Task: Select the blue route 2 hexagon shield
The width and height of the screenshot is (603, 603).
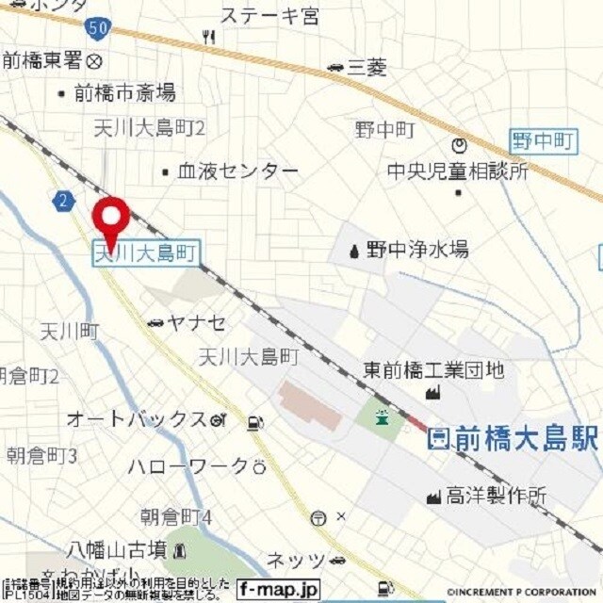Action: pyautogui.click(x=63, y=200)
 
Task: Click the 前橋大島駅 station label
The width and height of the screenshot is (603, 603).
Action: pyautogui.click(x=513, y=438)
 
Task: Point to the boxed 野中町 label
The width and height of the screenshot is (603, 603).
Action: pyautogui.click(x=543, y=142)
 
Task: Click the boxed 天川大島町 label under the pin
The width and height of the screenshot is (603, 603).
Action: pyautogui.click(x=146, y=253)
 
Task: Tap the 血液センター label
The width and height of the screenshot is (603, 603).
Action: pyautogui.click(x=237, y=171)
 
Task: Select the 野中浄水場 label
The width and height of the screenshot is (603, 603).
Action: pyautogui.click(x=416, y=250)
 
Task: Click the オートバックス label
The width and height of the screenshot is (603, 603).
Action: pyautogui.click(x=136, y=419)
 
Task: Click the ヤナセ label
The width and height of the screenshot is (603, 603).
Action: pyautogui.click(x=196, y=323)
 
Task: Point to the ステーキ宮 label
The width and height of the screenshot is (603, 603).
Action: pyautogui.click(x=269, y=15)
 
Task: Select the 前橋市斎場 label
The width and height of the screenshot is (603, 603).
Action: pyautogui.click(x=124, y=92)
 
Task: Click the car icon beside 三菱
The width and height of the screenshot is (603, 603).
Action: pyautogui.click(x=335, y=67)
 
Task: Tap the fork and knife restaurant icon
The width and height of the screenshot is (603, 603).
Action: pyautogui.click(x=208, y=37)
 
